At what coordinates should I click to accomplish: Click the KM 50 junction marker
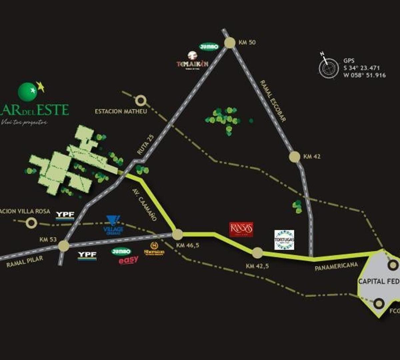click(230, 43)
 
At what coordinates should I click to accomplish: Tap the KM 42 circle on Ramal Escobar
click(295, 157)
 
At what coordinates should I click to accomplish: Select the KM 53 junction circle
click(63, 246)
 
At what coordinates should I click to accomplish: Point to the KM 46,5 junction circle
click(177, 234)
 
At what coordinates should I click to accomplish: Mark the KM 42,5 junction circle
click(257, 253)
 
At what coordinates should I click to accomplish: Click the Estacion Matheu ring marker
click(141, 100)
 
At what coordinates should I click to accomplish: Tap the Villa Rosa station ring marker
click(32, 222)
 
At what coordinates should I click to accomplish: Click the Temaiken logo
click(193, 60)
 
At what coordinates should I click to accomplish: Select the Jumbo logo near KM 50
click(209, 47)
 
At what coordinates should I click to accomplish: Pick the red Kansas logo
click(241, 229)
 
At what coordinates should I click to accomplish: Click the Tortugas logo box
click(284, 240)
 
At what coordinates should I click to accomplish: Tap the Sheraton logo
click(154, 249)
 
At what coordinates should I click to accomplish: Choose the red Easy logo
click(128, 260)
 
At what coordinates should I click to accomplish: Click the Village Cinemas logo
click(113, 225)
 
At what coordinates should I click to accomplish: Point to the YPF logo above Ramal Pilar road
click(65, 215)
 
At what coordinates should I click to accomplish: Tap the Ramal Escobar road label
click(273, 101)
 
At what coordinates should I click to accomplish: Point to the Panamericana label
click(336, 266)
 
